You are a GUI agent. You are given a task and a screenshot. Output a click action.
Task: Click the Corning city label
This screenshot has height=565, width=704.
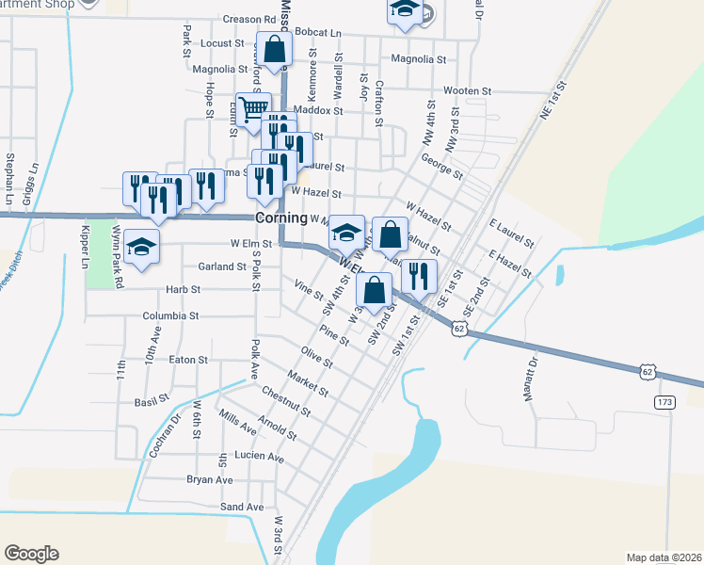[282, 218]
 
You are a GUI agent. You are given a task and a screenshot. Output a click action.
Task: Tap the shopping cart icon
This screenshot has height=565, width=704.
[252, 109]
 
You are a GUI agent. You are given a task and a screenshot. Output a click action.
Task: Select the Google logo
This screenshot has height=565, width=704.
[31, 554]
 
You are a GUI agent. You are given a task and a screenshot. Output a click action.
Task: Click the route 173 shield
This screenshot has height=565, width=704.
[665, 402]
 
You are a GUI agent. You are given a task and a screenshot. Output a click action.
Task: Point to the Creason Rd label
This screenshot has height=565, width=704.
[248, 19]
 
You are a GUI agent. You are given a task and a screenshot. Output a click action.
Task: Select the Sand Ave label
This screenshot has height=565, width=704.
[242, 507]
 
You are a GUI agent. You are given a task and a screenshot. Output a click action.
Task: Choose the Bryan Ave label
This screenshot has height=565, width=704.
[209, 479]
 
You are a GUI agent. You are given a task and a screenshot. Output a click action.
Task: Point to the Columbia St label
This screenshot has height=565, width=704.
[171, 316]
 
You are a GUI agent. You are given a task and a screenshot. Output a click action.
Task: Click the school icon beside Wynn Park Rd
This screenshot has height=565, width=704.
[141, 247]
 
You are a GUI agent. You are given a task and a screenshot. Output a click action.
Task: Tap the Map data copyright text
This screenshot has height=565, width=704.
[663, 557]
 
